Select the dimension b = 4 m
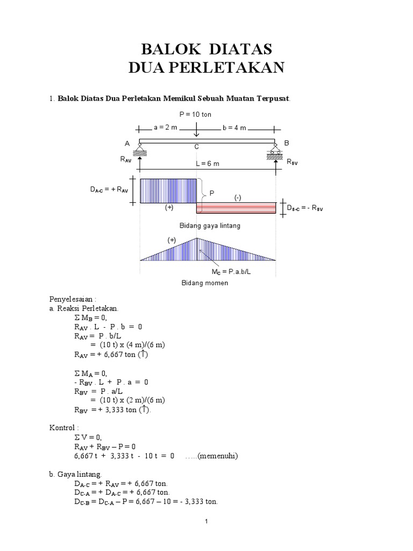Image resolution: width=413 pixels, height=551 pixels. (234, 128)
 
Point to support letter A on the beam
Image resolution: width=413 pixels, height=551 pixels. (127, 143)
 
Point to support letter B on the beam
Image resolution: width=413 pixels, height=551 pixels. (287, 143)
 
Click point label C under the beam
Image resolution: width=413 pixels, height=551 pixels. (197, 147)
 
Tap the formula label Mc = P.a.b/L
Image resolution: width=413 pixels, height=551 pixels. (232, 272)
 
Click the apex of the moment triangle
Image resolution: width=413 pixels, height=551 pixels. (197, 238)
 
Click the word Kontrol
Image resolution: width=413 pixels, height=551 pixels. (62, 427)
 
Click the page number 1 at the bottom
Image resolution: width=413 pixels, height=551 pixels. (206, 522)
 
